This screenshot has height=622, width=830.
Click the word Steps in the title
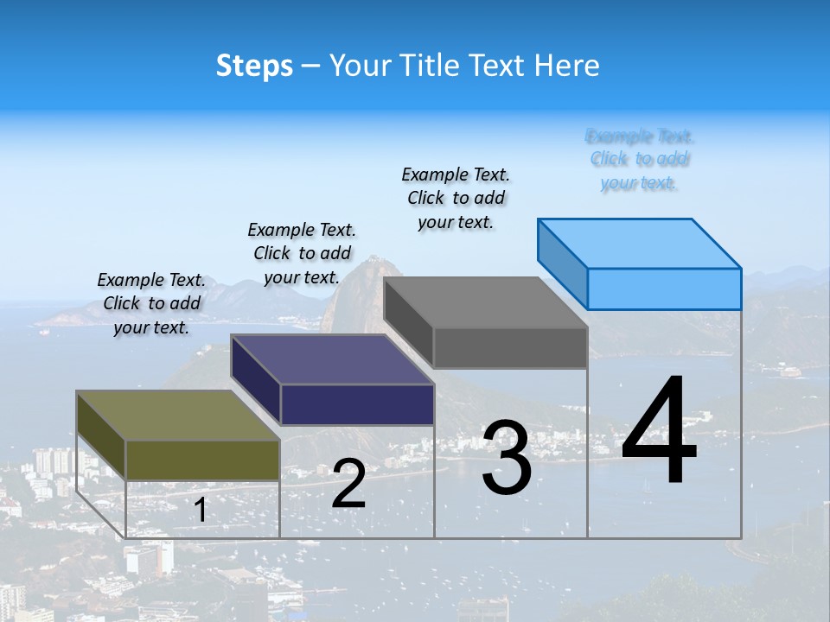tap(254, 66)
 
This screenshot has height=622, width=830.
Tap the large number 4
tap(659, 432)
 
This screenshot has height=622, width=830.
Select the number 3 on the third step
tap(507, 458)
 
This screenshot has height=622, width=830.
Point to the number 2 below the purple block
tap(349, 484)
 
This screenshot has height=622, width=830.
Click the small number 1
tap(200, 510)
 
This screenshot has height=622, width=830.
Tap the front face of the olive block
tap(202, 460)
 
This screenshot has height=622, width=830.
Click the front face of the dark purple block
tap(357, 404)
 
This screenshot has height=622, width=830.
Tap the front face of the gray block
tap(510, 348)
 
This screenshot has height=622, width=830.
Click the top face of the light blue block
tap(640, 243)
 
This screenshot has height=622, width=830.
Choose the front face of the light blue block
tap(664, 289)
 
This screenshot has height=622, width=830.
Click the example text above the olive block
tap(151, 303)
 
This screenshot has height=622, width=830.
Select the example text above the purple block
tap(302, 253)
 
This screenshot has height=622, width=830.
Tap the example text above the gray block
tap(456, 198)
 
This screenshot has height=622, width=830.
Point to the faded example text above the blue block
tap(639, 159)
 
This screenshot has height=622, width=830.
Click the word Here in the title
tap(567, 66)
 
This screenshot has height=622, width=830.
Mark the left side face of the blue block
tap(562, 263)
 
